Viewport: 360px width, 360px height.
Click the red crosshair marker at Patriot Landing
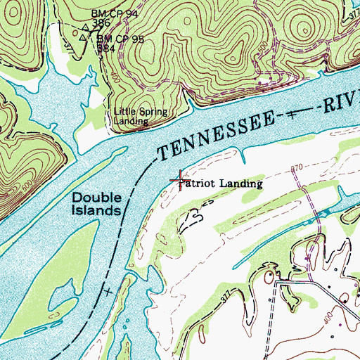click(179, 180)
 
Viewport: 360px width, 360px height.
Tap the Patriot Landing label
click(221, 184)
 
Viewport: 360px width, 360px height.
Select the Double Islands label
click(98, 204)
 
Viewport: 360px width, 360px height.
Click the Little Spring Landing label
click(132, 116)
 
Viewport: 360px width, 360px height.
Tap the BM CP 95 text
click(120, 39)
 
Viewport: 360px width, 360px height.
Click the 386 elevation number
click(103, 22)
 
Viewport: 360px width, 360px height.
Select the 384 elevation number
click(106, 49)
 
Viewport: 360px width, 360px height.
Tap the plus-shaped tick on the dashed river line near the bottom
click(108, 290)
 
